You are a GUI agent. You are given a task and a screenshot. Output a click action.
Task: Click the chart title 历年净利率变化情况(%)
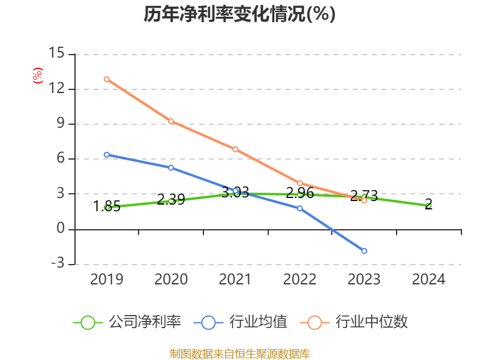click(x=239, y=14)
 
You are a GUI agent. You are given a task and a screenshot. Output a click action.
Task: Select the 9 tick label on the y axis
click(x=60, y=124)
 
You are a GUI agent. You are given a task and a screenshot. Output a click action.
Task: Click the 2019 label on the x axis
click(x=106, y=280)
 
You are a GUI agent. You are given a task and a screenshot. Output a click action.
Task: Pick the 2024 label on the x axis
click(x=428, y=280)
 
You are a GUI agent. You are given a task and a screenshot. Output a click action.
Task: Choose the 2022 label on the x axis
click(x=299, y=280)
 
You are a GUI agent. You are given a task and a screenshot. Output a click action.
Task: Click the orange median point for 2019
click(x=106, y=79)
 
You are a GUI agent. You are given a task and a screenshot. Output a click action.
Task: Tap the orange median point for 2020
click(x=171, y=121)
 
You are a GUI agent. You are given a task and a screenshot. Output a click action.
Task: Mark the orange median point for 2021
click(x=235, y=149)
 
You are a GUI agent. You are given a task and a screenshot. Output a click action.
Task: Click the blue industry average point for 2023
click(x=364, y=251)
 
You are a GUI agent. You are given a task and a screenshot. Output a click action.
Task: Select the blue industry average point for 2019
click(x=106, y=155)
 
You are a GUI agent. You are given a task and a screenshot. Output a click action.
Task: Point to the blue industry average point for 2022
click(x=299, y=208)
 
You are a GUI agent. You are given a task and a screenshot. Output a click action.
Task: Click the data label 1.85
click(x=107, y=207)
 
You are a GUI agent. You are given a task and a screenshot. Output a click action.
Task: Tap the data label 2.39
click(x=171, y=200)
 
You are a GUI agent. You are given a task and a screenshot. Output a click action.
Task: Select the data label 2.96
click(x=299, y=193)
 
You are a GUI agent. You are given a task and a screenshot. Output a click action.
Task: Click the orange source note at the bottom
click(x=239, y=354)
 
